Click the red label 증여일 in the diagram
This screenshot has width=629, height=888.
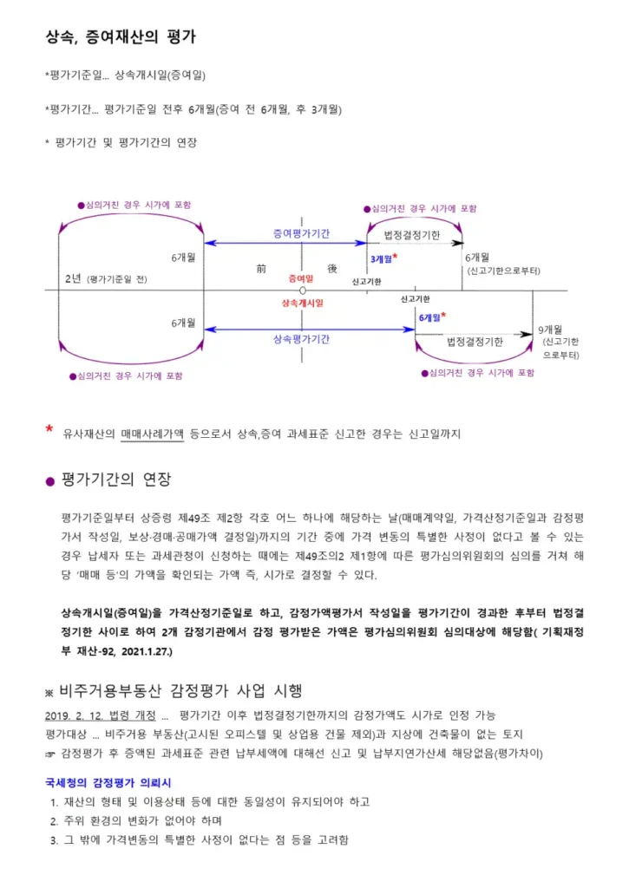pos(301,278)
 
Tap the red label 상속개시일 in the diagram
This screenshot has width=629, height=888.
pos(301,304)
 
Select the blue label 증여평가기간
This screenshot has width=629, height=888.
pos(301,233)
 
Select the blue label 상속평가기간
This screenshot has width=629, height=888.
pos(301,339)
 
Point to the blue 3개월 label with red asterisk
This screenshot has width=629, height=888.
pos(383,258)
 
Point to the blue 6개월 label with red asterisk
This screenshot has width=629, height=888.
pos(431,317)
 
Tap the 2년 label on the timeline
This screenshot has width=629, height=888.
pos(73,278)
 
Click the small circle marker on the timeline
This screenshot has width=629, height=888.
pos(302,291)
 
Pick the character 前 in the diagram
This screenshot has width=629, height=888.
pos(261,269)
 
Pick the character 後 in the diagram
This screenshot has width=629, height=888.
pos(332,269)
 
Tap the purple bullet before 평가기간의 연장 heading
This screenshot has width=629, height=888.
pos(49,481)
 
